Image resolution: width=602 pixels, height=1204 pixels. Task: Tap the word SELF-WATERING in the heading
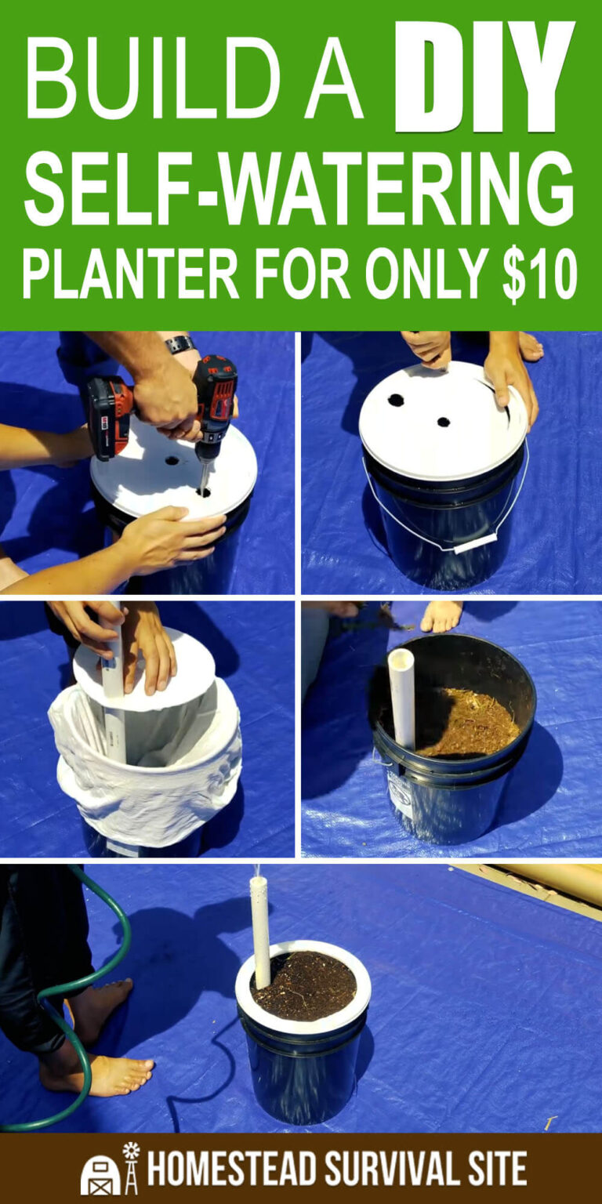click(300, 188)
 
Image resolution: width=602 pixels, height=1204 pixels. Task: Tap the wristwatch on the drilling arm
click(180, 344)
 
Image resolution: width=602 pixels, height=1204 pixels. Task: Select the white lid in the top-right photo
click(442, 422)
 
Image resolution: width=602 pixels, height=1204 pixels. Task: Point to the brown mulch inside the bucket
click(468, 721)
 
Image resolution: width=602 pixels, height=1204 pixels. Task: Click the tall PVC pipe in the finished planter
click(260, 929)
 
